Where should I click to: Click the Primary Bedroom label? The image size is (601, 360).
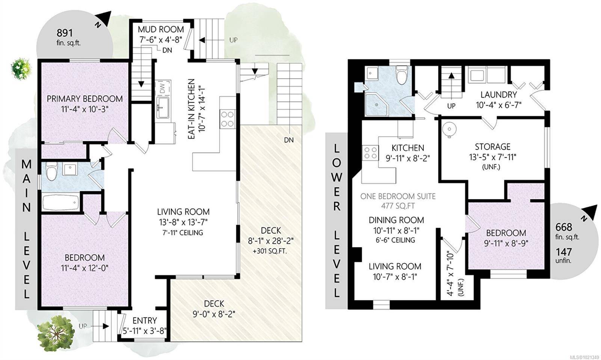point(85,99)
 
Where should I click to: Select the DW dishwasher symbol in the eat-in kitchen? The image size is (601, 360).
point(163,89)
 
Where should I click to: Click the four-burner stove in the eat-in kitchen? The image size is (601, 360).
point(228,119)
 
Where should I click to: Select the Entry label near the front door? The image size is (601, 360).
point(145,321)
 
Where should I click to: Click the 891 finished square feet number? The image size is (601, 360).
point(64,33)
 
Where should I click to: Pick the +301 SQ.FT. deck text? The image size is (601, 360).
point(270,251)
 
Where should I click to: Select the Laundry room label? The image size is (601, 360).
point(498,95)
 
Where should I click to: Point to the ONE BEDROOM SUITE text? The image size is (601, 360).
point(398,196)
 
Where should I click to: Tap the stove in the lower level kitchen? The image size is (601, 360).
point(370,153)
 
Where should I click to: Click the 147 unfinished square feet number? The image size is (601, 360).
point(563,252)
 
